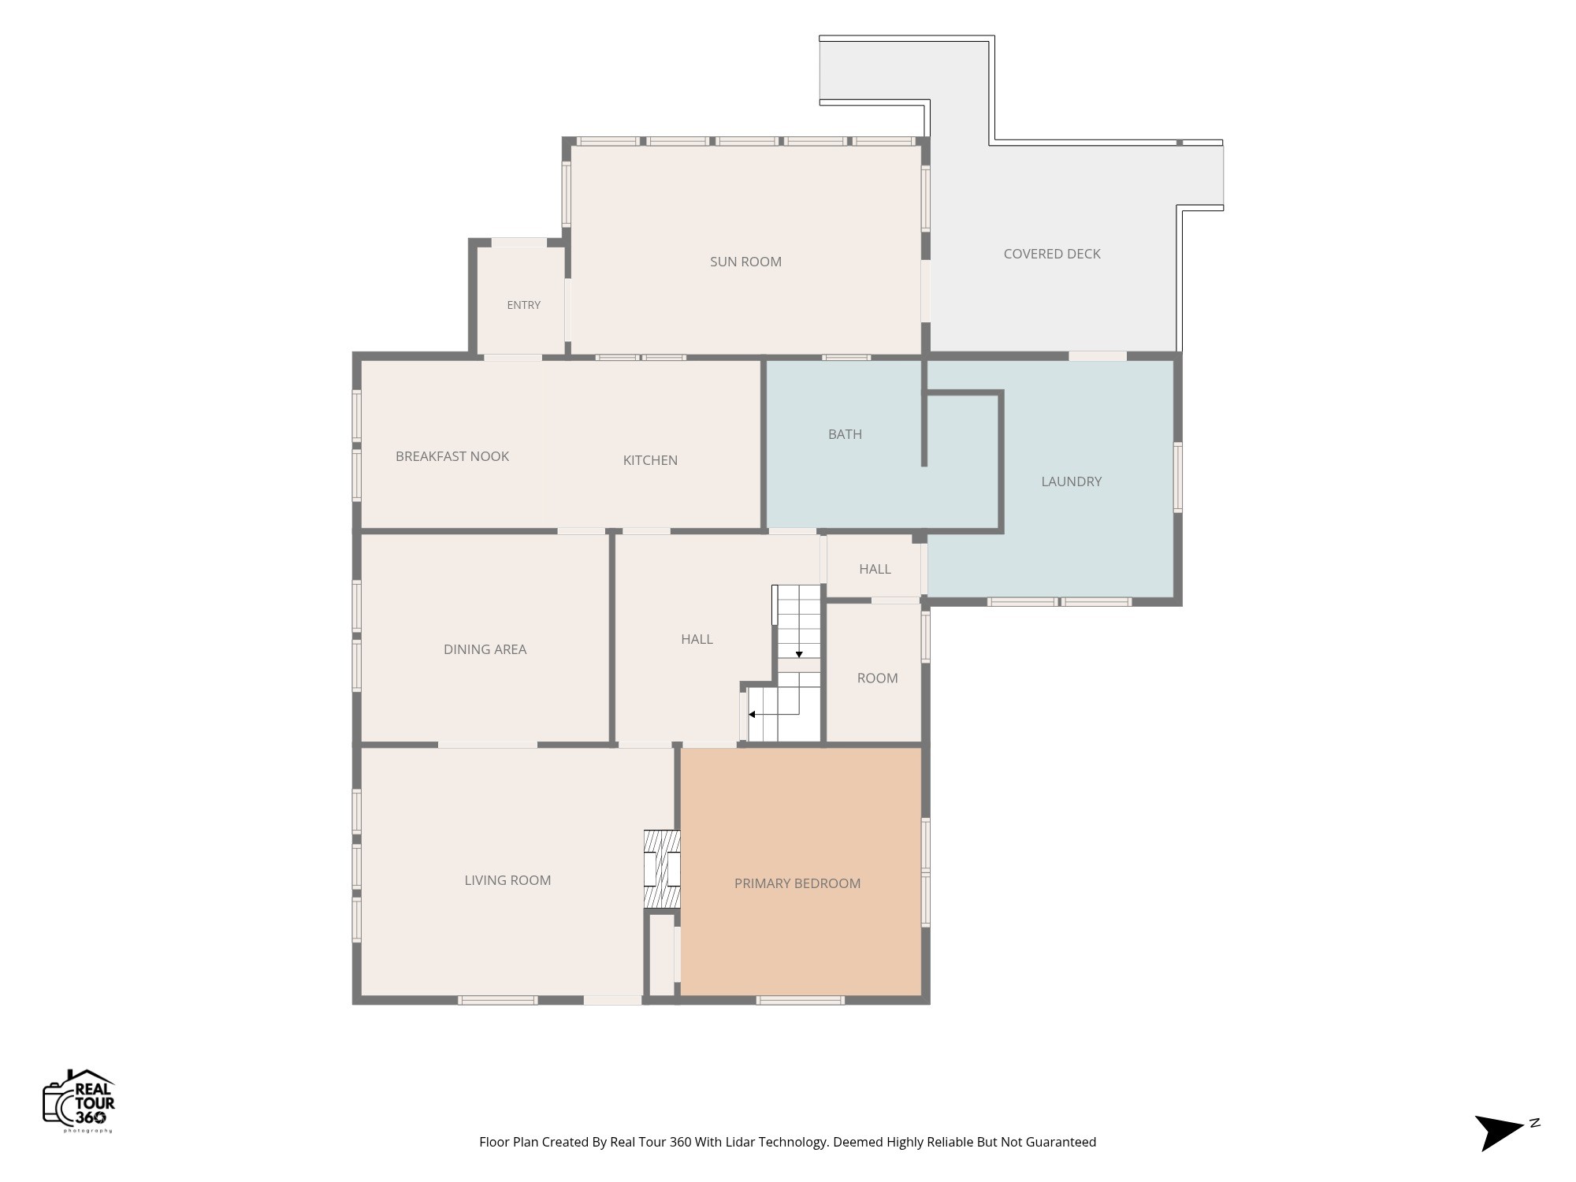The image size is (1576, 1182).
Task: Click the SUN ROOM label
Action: click(x=745, y=262)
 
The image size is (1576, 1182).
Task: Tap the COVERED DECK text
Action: click(x=1052, y=254)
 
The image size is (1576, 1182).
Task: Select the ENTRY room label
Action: click(x=524, y=305)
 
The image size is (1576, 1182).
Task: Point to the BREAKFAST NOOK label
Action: click(x=452, y=456)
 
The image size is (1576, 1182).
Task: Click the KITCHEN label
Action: click(x=650, y=460)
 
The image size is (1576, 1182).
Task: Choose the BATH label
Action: click(x=845, y=434)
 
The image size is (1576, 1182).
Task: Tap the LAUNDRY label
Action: click(x=1072, y=481)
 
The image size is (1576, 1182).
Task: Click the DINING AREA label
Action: click(x=485, y=649)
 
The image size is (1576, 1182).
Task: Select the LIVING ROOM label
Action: click(x=507, y=880)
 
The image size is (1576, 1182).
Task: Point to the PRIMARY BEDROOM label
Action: click(x=797, y=883)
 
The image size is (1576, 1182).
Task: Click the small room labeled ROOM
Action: click(x=877, y=678)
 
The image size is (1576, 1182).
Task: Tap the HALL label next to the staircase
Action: click(x=697, y=639)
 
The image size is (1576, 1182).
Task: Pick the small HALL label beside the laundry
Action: click(x=875, y=569)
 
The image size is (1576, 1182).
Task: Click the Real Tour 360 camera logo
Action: click(x=79, y=1101)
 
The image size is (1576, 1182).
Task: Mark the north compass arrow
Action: click(x=1502, y=1132)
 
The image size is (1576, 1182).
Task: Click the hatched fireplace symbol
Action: click(x=662, y=868)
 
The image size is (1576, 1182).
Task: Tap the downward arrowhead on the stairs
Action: click(x=799, y=655)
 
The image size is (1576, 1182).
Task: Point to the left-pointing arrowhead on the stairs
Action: click(x=752, y=715)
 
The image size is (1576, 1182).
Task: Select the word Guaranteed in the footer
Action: click(x=1057, y=1142)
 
